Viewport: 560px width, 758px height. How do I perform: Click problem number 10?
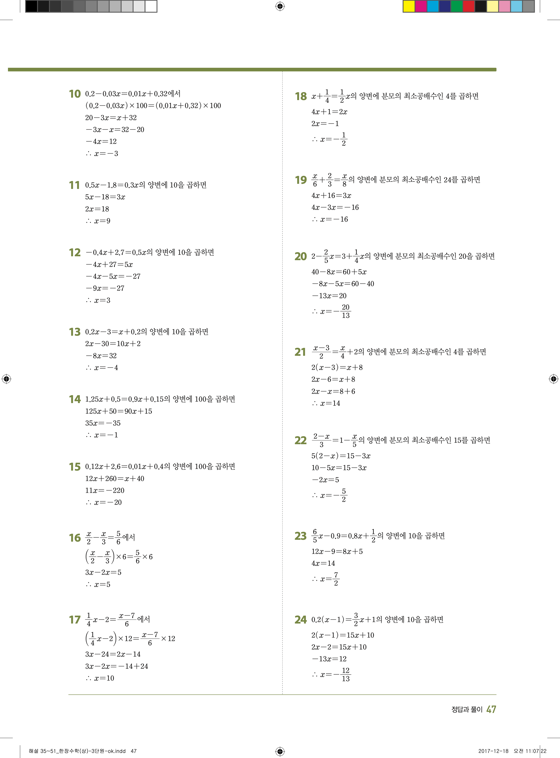(75, 94)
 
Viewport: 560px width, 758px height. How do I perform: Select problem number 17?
(75, 620)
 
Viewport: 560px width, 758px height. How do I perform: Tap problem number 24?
(300, 620)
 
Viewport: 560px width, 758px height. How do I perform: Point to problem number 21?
(300, 352)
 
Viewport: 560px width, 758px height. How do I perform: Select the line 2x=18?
(97, 209)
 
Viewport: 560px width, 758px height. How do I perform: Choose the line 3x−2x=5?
(103, 572)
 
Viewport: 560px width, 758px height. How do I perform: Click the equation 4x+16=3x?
(331, 195)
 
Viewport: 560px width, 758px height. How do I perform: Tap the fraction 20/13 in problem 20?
(345, 311)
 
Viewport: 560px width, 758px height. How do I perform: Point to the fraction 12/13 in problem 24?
(345, 674)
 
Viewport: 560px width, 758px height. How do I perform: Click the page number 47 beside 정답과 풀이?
(491, 709)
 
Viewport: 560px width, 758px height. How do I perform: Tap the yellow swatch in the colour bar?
(409, 6)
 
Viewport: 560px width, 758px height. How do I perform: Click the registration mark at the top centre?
(280, 6)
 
